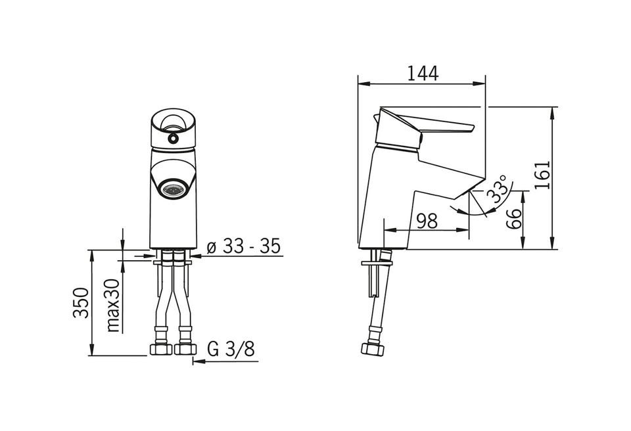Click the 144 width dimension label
pos(423,73)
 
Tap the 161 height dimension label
pos(542,175)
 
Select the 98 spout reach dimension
pos(427,221)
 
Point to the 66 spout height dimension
pos(513,219)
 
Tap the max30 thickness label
pos(114,305)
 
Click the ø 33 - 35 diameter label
pos(244,246)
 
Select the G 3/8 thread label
pos(231,349)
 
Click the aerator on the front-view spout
pos(172,189)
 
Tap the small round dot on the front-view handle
pos(173,139)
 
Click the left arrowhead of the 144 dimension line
pos(363,83)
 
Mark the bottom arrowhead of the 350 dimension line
pos(92,350)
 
